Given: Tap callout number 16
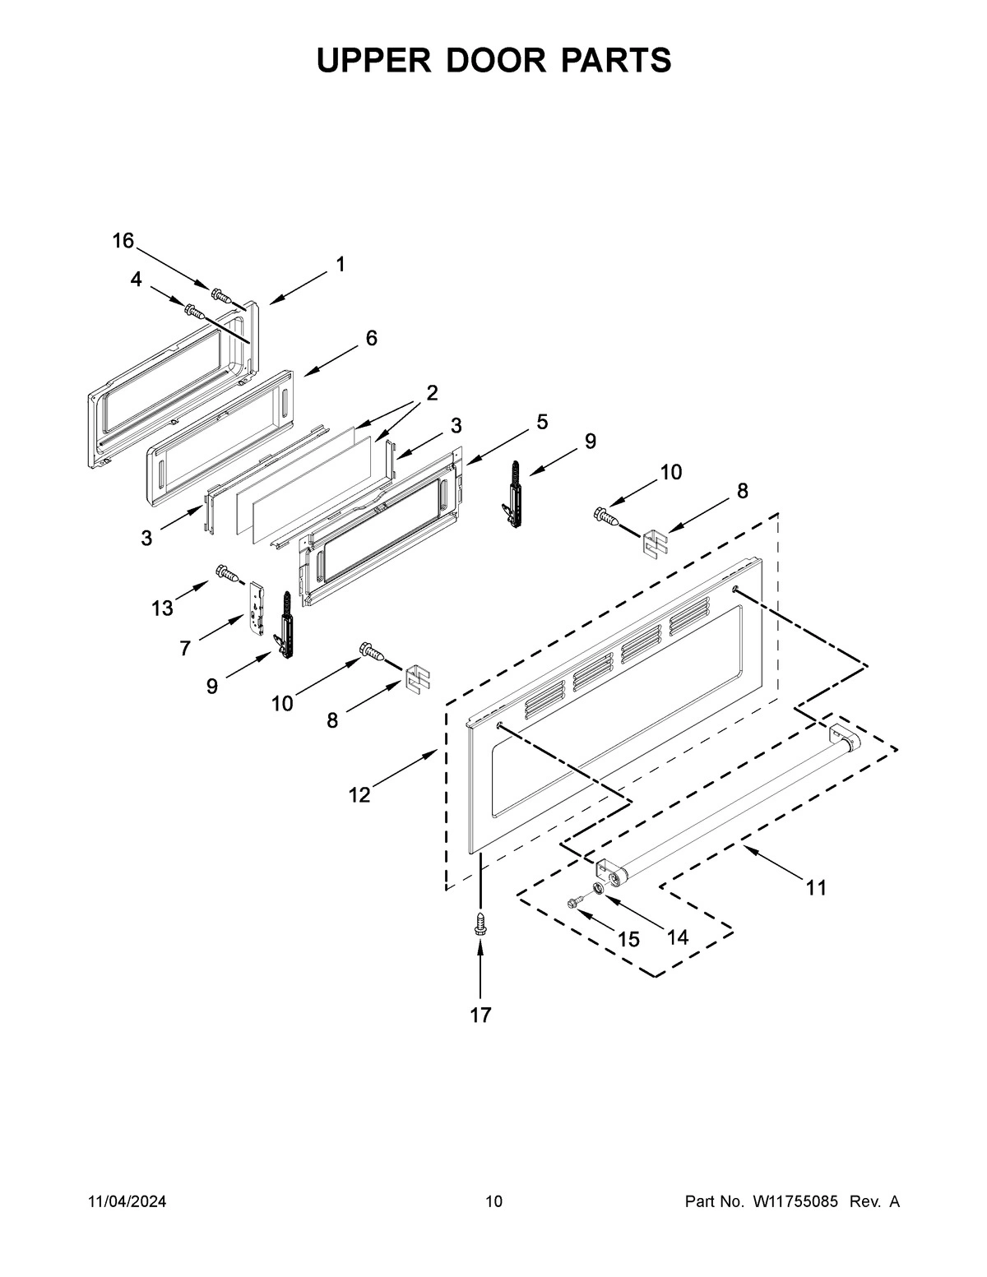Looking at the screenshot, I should [123, 241].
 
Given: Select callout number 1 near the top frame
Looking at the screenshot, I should [340, 265].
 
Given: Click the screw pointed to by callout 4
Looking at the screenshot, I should [193, 311].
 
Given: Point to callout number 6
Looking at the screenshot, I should [372, 338].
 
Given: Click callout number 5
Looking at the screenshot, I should [542, 422].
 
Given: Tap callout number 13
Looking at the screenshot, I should [162, 608].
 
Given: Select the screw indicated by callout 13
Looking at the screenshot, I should [226, 572].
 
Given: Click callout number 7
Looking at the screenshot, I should [186, 649].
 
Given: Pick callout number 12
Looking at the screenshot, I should [359, 795].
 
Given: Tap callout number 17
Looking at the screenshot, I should [480, 1016].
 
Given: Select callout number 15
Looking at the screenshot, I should [628, 940].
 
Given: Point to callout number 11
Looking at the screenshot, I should [816, 888].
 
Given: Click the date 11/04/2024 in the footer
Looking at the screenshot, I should [127, 1202].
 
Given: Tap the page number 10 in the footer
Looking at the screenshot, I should [493, 1202].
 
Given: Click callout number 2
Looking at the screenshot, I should [432, 393].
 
